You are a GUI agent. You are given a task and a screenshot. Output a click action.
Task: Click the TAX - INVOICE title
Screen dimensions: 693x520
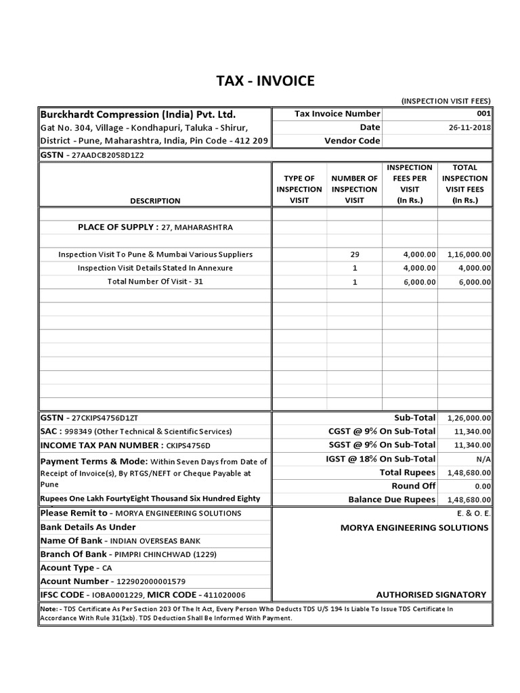click(x=265, y=81)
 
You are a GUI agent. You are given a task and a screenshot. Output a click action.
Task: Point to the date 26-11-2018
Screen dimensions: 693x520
click(x=469, y=127)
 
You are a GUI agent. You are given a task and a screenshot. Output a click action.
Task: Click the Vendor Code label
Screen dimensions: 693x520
click(x=352, y=141)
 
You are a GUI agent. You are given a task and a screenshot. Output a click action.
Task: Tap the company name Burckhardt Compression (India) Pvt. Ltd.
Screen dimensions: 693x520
click(x=138, y=114)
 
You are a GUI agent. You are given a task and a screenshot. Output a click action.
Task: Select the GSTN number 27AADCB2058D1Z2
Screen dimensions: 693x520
click(x=107, y=155)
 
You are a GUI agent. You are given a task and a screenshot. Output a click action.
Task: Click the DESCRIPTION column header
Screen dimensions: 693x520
click(x=156, y=201)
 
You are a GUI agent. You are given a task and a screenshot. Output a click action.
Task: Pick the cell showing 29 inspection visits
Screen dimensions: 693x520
click(x=355, y=254)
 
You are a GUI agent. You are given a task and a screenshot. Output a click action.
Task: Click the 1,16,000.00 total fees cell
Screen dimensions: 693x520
click(x=469, y=254)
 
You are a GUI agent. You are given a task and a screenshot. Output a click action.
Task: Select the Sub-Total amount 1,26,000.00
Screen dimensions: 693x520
click(x=469, y=418)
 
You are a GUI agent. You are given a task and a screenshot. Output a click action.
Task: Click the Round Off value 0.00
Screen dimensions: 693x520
click(x=482, y=486)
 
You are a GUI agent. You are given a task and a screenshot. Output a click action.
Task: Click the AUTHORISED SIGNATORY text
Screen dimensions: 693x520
click(x=431, y=595)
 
